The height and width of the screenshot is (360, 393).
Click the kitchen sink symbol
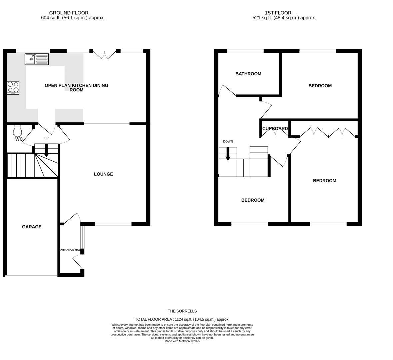point(37,59)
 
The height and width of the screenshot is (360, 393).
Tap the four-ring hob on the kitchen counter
point(13,88)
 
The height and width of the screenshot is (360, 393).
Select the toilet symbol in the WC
point(17,130)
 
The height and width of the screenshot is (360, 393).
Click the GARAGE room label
point(32,227)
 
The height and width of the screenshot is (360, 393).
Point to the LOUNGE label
point(103,174)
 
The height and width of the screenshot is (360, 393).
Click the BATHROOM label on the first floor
point(248,74)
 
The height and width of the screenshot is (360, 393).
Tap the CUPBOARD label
point(275,129)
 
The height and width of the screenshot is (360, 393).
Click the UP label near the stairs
point(46,138)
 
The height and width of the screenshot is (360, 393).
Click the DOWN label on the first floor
point(228,142)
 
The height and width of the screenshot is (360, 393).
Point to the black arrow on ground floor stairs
point(46,151)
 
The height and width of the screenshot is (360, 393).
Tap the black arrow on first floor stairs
point(228,154)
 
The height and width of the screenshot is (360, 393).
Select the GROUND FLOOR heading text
point(69,13)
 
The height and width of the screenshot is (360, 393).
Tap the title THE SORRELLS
point(182,311)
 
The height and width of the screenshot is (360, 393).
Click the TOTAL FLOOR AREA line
point(182,319)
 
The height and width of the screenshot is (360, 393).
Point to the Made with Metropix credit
point(182,341)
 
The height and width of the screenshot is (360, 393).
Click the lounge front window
point(113,224)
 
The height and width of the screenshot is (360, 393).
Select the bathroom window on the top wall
point(245,51)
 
